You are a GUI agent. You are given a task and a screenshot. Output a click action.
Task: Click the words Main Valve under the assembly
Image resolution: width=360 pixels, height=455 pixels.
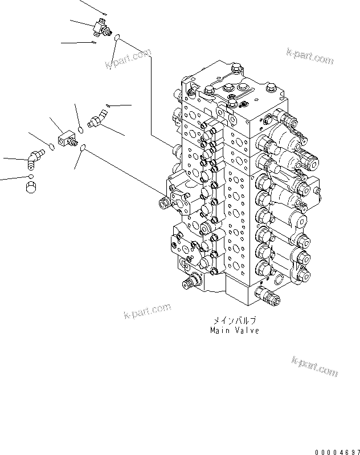tap(234, 330)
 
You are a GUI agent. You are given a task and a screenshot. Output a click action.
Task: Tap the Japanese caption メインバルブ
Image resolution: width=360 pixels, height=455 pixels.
tap(235, 321)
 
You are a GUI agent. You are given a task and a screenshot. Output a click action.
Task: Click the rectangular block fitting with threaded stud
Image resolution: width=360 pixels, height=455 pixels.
tap(67, 140)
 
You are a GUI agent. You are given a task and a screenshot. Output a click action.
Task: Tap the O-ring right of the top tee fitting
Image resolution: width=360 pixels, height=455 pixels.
tap(116, 39)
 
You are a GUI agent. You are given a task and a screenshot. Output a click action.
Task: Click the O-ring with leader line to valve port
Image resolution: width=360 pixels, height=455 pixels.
tap(83, 148)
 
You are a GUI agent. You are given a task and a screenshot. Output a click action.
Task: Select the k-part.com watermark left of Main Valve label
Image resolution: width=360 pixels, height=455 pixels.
tap(147, 311)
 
